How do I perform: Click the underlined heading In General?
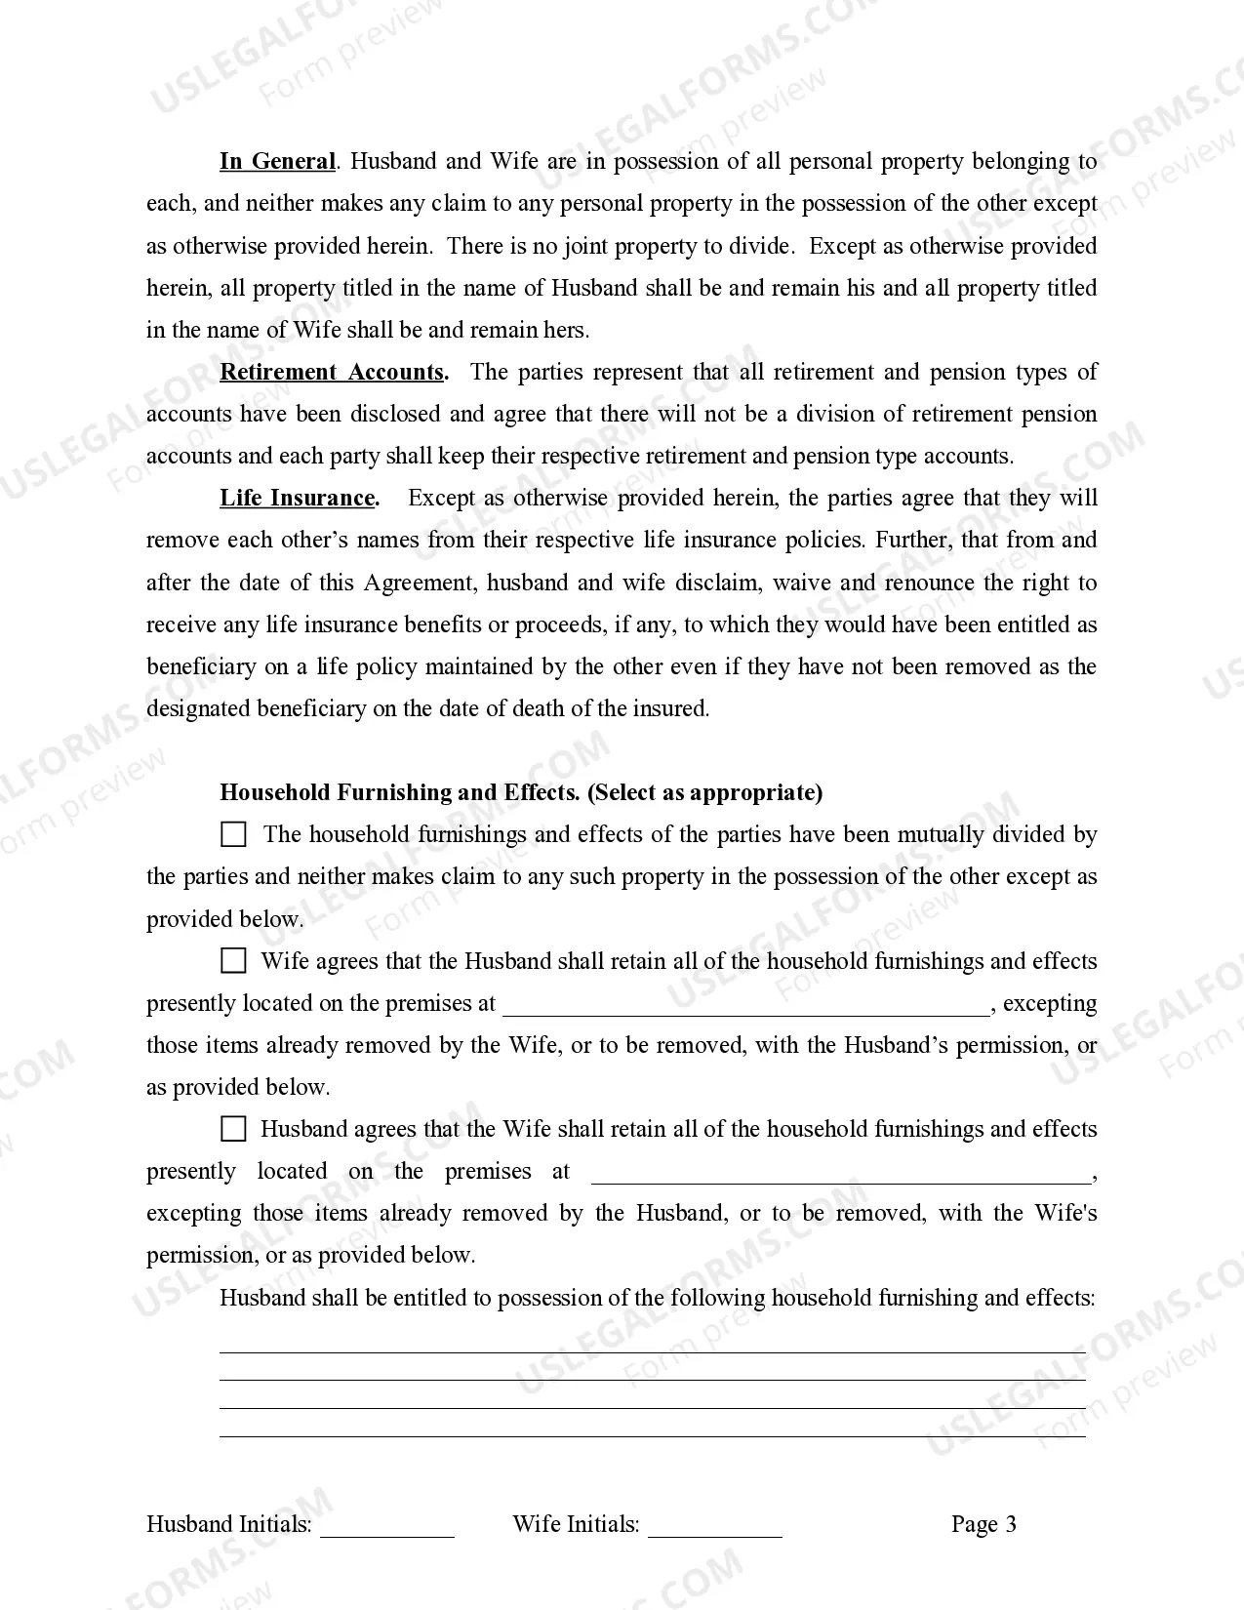coord(277,161)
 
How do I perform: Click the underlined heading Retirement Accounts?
coord(333,372)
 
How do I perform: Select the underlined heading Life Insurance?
coord(298,498)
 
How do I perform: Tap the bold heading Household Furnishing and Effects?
coord(400,792)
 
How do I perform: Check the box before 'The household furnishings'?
coord(233,834)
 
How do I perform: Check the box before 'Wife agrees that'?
coord(233,960)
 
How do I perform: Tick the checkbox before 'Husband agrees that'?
coord(233,1129)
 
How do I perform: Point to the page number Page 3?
coord(983,1524)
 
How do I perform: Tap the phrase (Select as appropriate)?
coord(704,792)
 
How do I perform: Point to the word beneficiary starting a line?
coord(201,666)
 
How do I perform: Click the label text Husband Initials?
coord(229,1524)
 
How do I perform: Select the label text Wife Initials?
coord(576,1524)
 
